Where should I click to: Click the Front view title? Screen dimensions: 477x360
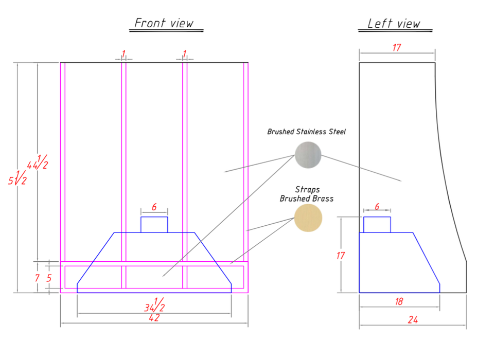(x=164, y=23)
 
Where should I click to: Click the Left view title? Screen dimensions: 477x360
(x=394, y=24)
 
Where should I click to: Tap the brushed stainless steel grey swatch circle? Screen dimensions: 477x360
(x=308, y=155)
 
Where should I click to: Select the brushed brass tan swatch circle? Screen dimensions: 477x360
(x=308, y=218)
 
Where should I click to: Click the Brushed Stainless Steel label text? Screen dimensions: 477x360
(x=306, y=132)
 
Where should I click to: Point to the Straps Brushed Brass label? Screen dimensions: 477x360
(x=307, y=194)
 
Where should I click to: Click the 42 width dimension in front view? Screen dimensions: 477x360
(x=154, y=318)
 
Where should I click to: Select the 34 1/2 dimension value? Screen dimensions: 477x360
(x=154, y=305)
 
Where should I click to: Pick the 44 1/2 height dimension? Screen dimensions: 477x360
(x=38, y=162)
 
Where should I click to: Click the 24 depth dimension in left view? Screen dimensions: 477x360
(x=413, y=320)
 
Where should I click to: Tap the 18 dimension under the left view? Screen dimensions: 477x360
(x=399, y=301)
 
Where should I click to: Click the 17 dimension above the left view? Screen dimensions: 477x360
(x=397, y=48)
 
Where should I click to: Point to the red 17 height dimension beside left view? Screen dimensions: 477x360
(x=341, y=256)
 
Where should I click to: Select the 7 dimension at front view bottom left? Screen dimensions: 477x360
(x=37, y=278)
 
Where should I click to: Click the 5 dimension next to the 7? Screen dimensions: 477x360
(x=49, y=278)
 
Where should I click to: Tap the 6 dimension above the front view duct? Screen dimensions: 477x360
(x=154, y=207)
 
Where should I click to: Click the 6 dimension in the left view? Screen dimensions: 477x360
(x=377, y=207)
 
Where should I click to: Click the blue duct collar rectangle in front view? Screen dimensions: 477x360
(x=154, y=217)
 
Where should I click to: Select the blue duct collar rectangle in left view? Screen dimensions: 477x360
(x=377, y=217)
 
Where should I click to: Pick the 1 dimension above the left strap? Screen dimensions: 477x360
(x=123, y=54)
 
